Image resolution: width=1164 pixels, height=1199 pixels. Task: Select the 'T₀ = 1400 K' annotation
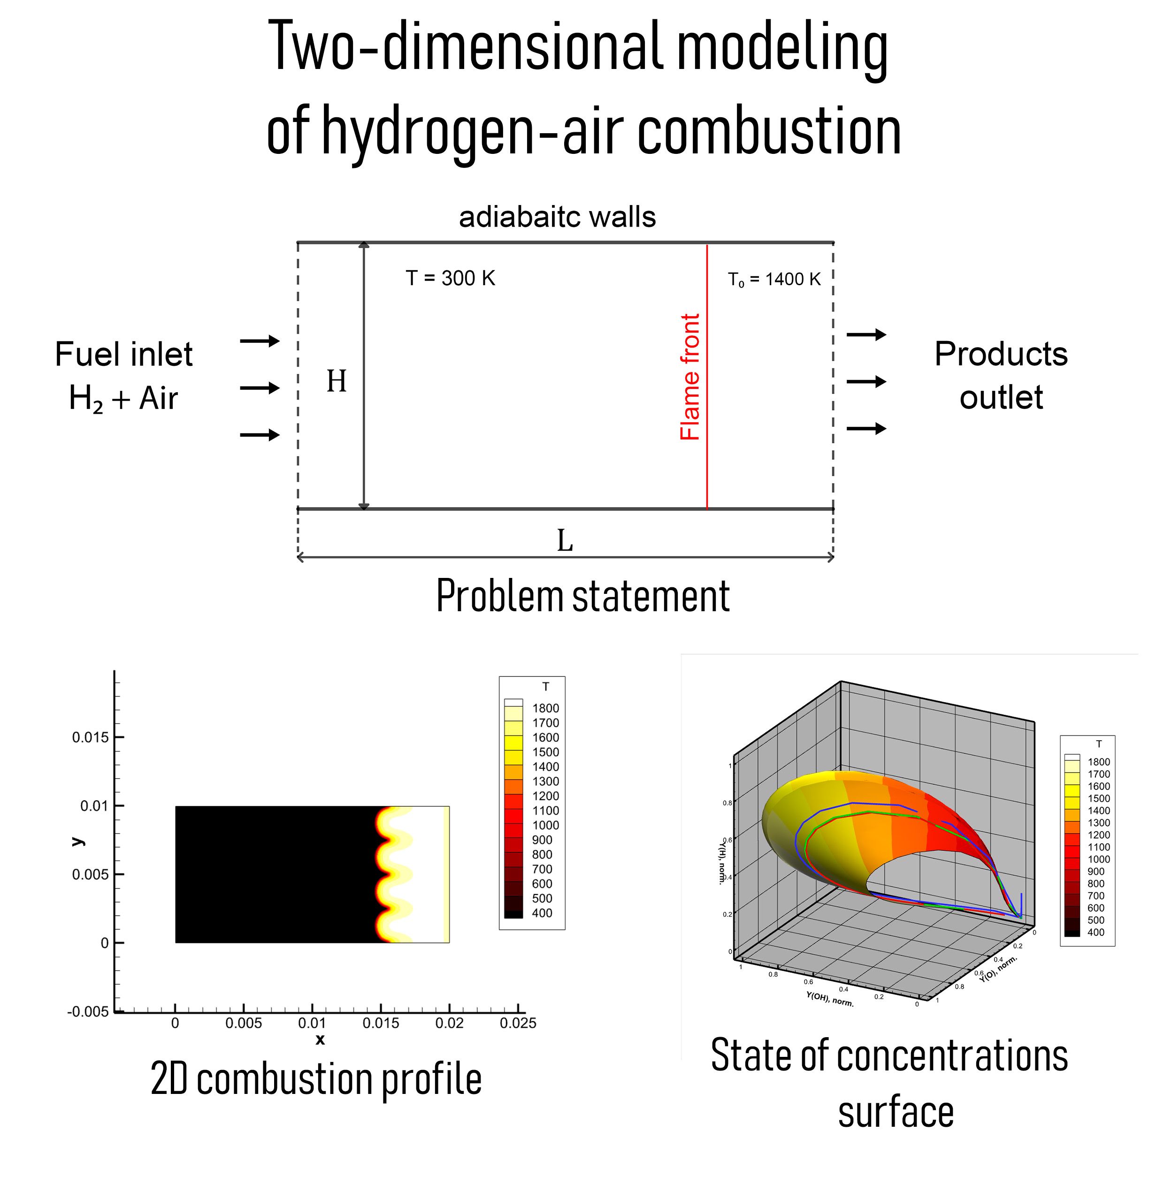point(773,280)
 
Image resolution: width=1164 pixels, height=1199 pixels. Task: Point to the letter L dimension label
point(565,541)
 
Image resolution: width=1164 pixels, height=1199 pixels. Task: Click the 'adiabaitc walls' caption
point(557,217)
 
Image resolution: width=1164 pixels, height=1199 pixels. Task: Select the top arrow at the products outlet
point(866,334)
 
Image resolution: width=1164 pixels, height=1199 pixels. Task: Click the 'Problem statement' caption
point(582,595)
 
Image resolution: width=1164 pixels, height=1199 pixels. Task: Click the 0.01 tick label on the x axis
point(312,1023)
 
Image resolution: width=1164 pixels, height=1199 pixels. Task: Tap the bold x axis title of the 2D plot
point(320,1040)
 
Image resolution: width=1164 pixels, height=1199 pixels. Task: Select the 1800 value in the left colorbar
point(545,708)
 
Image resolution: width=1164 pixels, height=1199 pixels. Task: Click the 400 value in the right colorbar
point(1096,932)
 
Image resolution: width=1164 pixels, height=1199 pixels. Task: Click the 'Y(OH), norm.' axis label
point(829,998)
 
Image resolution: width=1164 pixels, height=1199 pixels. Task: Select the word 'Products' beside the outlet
point(1001,354)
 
